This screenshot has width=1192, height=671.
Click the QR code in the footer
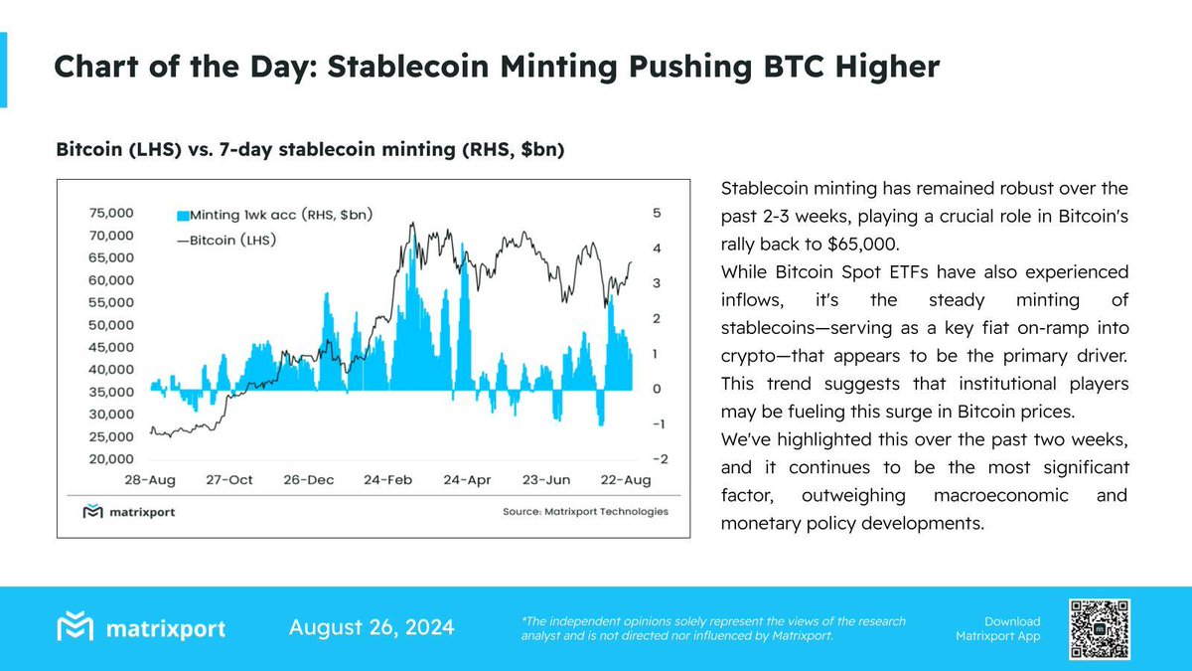pos(1099,628)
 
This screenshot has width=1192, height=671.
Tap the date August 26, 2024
pos(372,627)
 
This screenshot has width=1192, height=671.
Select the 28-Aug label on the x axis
pos(149,480)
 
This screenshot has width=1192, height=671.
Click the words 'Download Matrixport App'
pos(997,628)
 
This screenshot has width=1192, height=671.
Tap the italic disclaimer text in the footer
pos(713,628)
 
